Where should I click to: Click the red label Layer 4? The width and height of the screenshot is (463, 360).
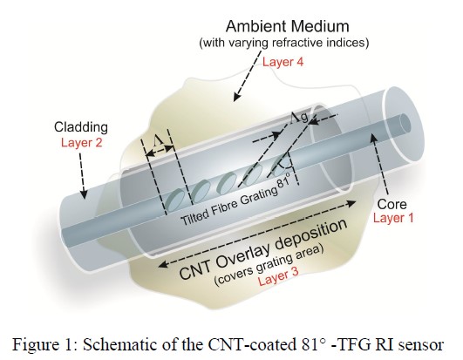[x=283, y=62]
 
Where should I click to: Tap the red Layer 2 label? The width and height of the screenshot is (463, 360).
[x=81, y=143]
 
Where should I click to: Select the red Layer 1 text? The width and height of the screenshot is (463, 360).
[x=393, y=218]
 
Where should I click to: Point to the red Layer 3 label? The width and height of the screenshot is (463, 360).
[x=278, y=276]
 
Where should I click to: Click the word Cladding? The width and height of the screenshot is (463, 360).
[x=81, y=127]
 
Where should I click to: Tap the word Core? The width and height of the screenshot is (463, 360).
[x=392, y=204]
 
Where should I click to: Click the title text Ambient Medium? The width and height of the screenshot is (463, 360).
[x=288, y=26]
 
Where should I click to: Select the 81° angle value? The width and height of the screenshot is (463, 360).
[x=283, y=180]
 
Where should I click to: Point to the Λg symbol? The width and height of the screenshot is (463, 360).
[x=299, y=117]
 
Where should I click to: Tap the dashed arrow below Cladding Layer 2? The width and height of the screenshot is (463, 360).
[x=82, y=175]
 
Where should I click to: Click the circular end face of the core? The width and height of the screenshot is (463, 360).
[x=405, y=123]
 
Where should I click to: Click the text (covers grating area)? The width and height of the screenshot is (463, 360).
[x=269, y=266]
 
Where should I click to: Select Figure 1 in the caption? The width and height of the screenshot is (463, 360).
[x=44, y=344]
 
